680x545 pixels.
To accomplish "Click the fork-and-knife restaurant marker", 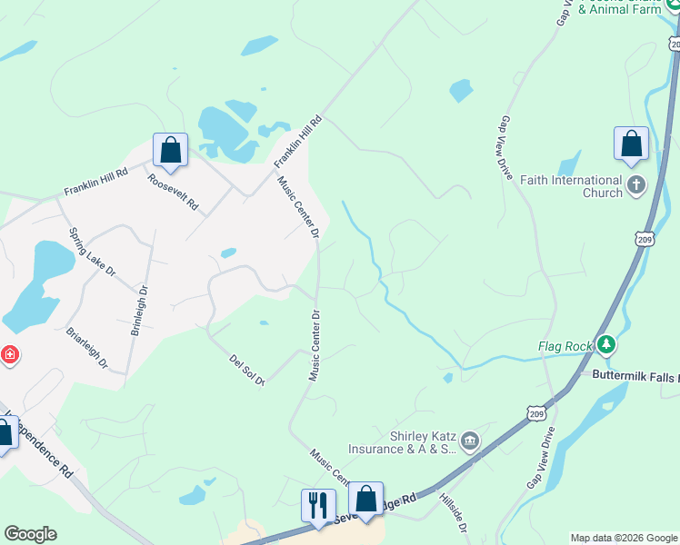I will coord(318,504).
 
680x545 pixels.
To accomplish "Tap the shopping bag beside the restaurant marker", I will coord(365,499).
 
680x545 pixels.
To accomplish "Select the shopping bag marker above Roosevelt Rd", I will coord(170,150).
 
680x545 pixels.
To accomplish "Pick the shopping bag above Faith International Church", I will coord(632,144).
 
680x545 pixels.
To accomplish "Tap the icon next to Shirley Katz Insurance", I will coord(470,442).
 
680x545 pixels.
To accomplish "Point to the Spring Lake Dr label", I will coord(94,253).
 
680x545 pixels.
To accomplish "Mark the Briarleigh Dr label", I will coord(87,348).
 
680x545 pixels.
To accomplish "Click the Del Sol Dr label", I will coord(246,371).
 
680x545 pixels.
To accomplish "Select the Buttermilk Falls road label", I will coord(635,374).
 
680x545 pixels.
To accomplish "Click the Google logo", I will coord(30,534).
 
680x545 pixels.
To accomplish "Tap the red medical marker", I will coord(9,353).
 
